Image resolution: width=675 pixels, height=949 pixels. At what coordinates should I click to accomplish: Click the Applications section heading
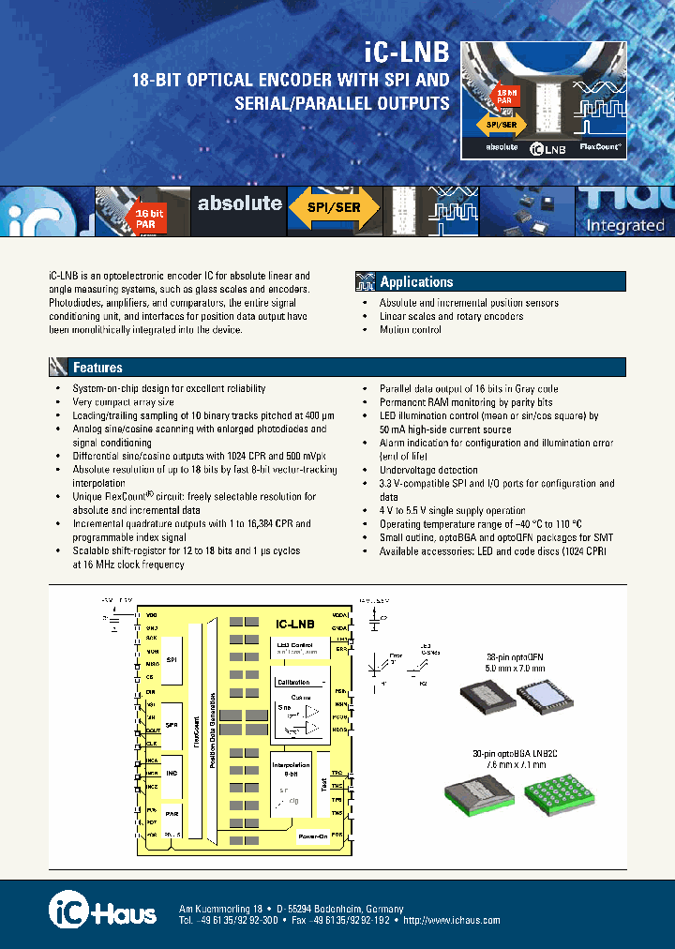tap(416, 281)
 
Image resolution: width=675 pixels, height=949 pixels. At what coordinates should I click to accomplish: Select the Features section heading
tap(97, 368)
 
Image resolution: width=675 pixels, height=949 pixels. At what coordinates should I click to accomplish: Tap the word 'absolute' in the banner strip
tap(239, 203)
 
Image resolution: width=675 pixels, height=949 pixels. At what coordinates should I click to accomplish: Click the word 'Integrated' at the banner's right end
tap(624, 225)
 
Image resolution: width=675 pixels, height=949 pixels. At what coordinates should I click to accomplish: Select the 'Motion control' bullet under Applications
tap(410, 330)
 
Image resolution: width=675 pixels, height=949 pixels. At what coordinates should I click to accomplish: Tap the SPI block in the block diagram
tap(171, 660)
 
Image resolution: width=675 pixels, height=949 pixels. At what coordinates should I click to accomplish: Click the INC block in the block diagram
tap(171, 772)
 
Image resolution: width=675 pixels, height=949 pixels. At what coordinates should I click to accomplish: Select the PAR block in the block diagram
tap(171, 813)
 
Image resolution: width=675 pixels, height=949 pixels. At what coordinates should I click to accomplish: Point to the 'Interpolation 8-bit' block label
tap(291, 768)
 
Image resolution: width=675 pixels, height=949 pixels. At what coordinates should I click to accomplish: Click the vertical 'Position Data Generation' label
tap(214, 730)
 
